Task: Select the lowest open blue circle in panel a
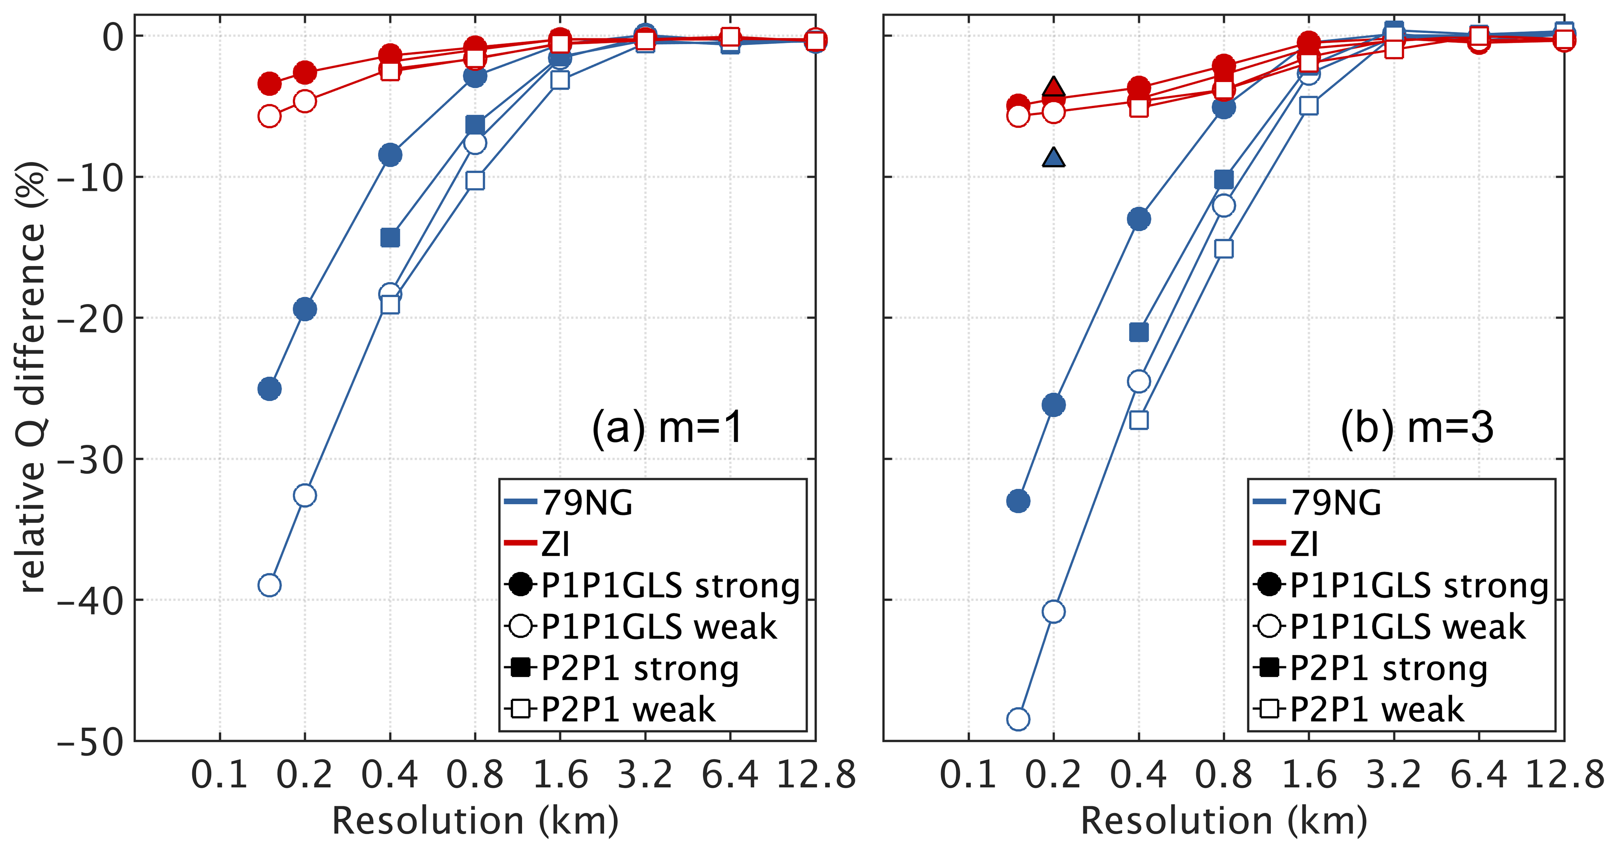269,585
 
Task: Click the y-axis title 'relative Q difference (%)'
32,377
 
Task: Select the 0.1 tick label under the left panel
219,774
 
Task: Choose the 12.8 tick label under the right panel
1565,774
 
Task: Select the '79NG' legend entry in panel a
587,502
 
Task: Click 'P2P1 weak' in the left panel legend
628,710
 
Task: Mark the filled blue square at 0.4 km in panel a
390,238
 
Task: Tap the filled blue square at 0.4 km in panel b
1139,332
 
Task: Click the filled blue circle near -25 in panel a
269,389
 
